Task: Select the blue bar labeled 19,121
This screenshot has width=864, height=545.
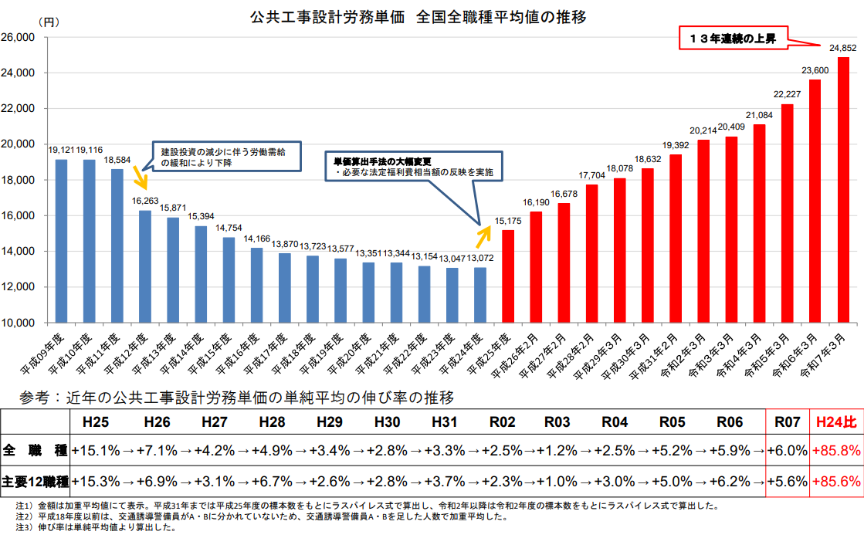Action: [x=61, y=240]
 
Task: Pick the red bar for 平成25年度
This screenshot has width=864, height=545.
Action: [x=508, y=276]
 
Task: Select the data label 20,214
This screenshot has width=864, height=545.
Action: [x=703, y=131]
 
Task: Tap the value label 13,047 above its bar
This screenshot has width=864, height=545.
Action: [x=452, y=259]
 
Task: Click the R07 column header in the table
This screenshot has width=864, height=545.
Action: [x=788, y=422]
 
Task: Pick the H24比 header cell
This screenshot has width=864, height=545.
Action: [x=836, y=422]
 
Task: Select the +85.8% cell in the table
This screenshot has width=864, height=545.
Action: [x=836, y=450]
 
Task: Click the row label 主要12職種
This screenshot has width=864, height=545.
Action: [x=35, y=481]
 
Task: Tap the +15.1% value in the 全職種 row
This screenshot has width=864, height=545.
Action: [x=96, y=450]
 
